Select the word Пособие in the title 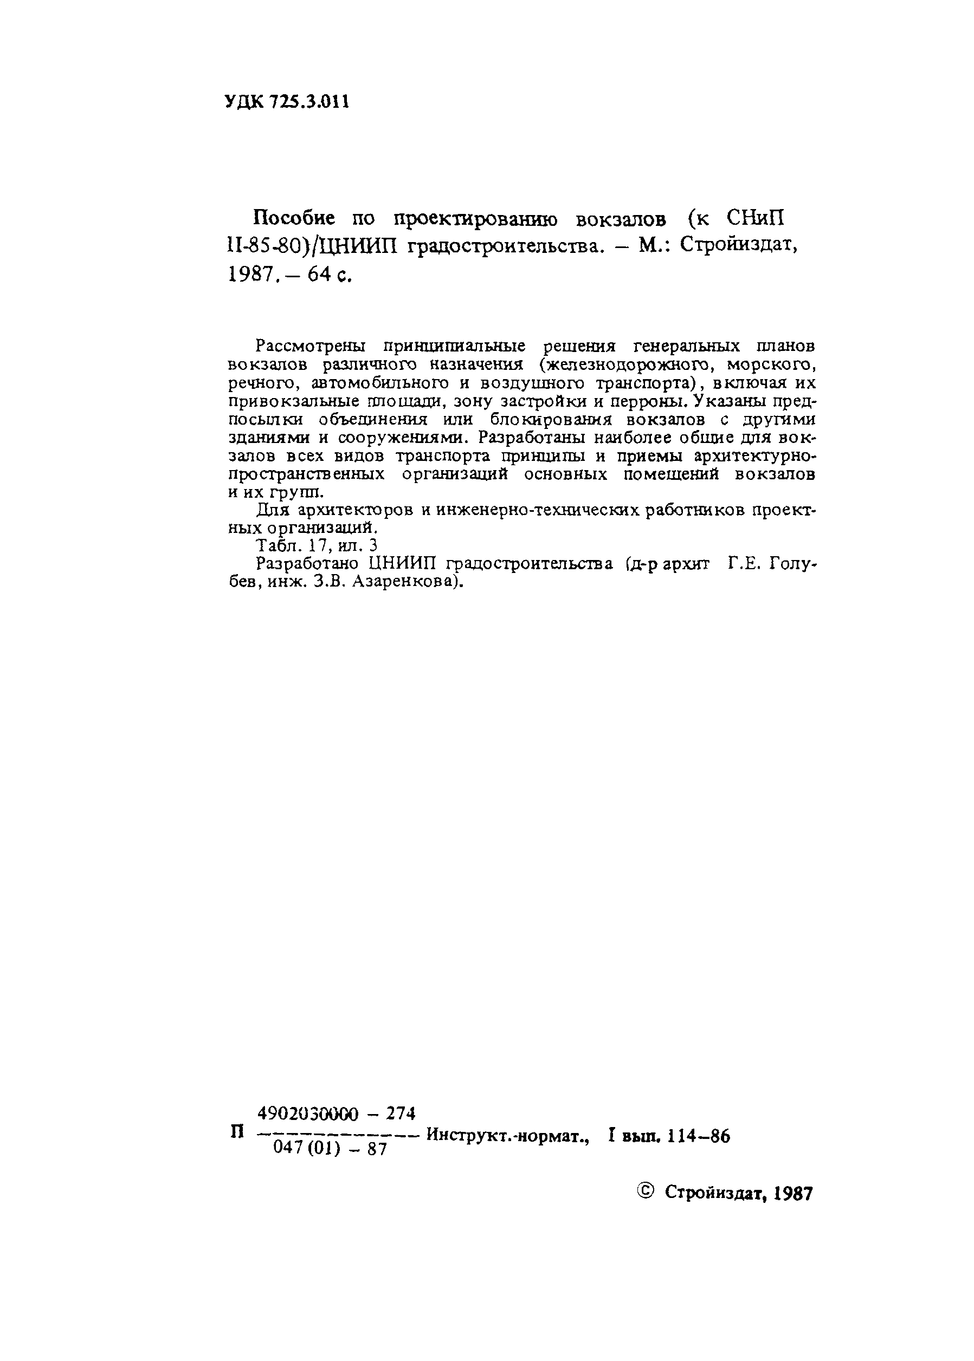pos(294,219)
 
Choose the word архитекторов pos(355,510)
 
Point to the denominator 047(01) pos(306,1148)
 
